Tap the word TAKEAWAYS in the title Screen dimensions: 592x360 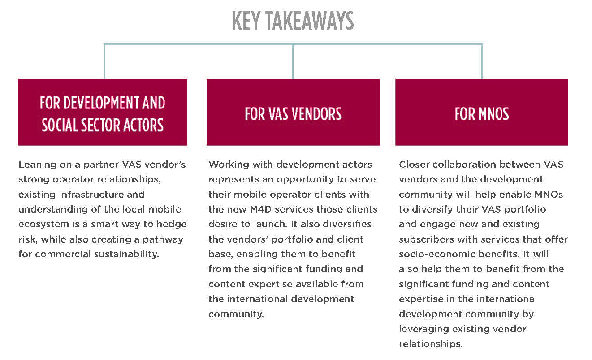coord(310,21)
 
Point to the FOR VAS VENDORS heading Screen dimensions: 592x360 coord(293,114)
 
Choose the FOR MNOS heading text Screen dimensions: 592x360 coord(481,114)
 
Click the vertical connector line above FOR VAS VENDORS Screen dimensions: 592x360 coord(293,61)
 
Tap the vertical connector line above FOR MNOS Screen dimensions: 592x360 coord(482,61)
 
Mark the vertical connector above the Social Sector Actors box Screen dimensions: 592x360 coord(104,61)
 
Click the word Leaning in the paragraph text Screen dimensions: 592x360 coord(37,165)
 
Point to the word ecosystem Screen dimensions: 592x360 coord(43,225)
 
